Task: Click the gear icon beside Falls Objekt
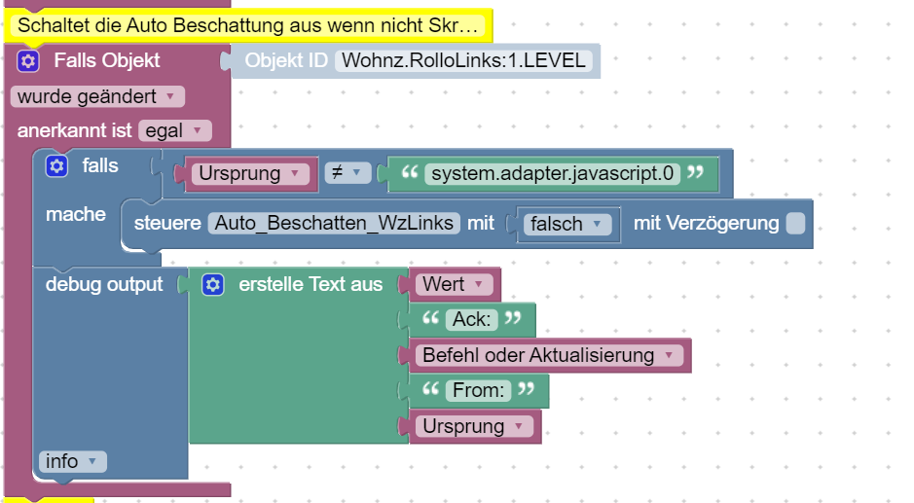[29, 61]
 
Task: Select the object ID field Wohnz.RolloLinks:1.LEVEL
[462, 61]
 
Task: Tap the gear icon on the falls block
[57, 166]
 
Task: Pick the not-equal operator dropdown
[344, 173]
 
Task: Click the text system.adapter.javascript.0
[552, 174]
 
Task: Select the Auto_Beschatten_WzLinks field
[334, 223]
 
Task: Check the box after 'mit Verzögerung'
[795, 224]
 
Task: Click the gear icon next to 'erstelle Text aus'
[213, 285]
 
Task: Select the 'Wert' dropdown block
[454, 285]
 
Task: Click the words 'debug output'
[104, 285]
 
